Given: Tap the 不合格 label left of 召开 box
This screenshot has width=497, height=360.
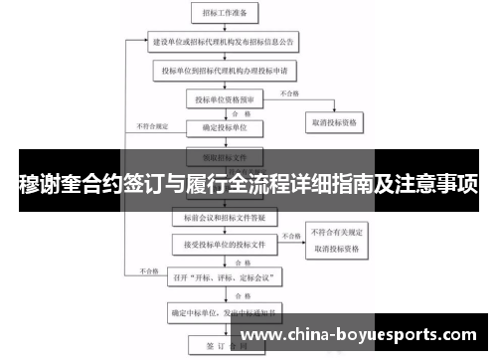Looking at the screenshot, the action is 148,270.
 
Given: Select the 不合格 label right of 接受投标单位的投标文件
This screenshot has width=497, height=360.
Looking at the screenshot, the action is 290,236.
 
